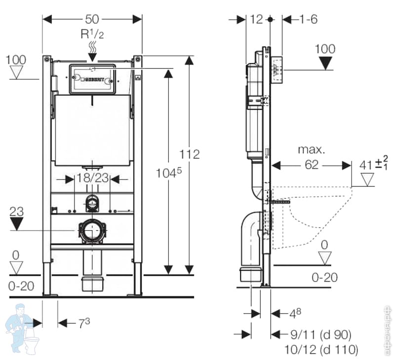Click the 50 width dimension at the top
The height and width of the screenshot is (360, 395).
[x=92, y=19]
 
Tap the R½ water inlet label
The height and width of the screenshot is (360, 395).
[x=92, y=34]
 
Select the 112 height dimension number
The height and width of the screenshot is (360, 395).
[x=190, y=154]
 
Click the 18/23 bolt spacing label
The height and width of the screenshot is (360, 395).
[x=92, y=178]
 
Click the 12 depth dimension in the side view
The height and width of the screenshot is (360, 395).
[x=257, y=19]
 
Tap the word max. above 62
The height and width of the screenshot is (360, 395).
[x=312, y=149]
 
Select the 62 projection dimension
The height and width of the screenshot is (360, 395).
[x=312, y=165]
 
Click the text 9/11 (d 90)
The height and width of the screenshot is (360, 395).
[x=320, y=335]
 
